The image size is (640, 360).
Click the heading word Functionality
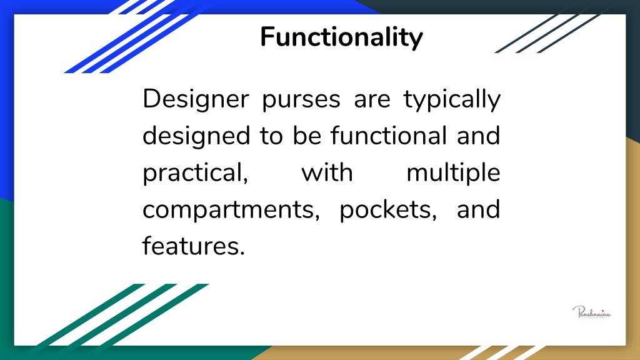click(x=341, y=37)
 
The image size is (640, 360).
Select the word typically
click(x=452, y=100)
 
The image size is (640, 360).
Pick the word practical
click(x=196, y=173)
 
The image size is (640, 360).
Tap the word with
click(x=327, y=172)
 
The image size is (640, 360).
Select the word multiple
click(x=453, y=173)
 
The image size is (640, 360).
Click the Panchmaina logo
click(x=591, y=311)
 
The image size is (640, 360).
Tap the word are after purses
click(x=372, y=100)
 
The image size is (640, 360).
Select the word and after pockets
click(x=478, y=209)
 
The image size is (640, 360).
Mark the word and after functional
click(x=478, y=136)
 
